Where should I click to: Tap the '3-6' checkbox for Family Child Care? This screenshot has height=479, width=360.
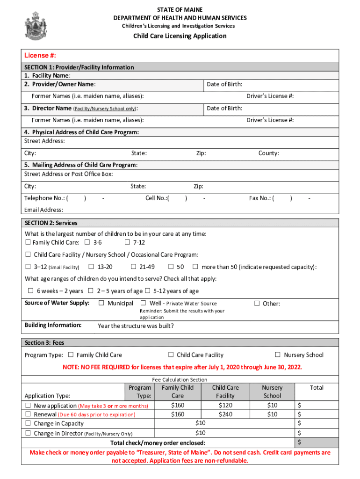point(87,242)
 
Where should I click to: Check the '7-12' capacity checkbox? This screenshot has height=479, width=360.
point(127,242)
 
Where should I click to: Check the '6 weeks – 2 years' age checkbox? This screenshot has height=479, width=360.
point(30,290)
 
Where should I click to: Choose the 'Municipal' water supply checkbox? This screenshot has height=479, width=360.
point(101,303)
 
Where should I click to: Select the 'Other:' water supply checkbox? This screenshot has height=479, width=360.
point(257,303)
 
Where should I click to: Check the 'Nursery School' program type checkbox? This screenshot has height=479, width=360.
point(278,355)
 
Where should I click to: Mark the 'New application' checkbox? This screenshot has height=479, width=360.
point(28,406)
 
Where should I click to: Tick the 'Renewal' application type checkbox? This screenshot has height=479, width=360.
point(28,414)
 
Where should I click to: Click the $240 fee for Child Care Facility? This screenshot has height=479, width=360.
point(225,414)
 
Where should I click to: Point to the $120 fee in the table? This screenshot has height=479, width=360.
point(225,406)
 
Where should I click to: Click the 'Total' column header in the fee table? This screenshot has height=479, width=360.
point(317,387)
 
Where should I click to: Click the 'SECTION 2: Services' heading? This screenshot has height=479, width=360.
point(51,223)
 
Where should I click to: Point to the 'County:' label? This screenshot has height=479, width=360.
point(269,153)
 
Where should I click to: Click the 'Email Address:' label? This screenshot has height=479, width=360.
point(43,210)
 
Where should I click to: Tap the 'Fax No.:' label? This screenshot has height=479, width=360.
point(261,198)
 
